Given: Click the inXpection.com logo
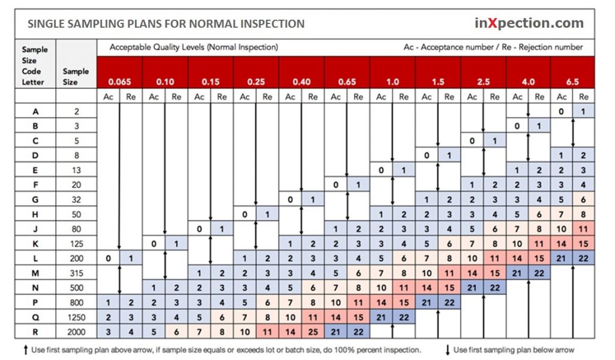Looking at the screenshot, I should pyautogui.click(x=529, y=23).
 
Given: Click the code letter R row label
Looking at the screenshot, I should pyautogui.click(x=35, y=331).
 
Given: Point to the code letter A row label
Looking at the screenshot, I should pyautogui.click(x=35, y=111).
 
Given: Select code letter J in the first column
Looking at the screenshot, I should pyautogui.click(x=35, y=229).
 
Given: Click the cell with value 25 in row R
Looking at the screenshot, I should pyautogui.click(x=312, y=331).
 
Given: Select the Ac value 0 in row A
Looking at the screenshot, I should pyautogui.click(x=560, y=111).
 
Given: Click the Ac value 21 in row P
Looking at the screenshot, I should pyautogui.click(x=426, y=302).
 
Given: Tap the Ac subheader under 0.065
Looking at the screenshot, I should pyautogui.click(x=108, y=97).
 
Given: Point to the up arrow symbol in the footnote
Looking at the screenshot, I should pyautogui.click(x=25, y=350).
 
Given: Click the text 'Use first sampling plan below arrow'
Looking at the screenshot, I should pyautogui.click(x=514, y=350).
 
